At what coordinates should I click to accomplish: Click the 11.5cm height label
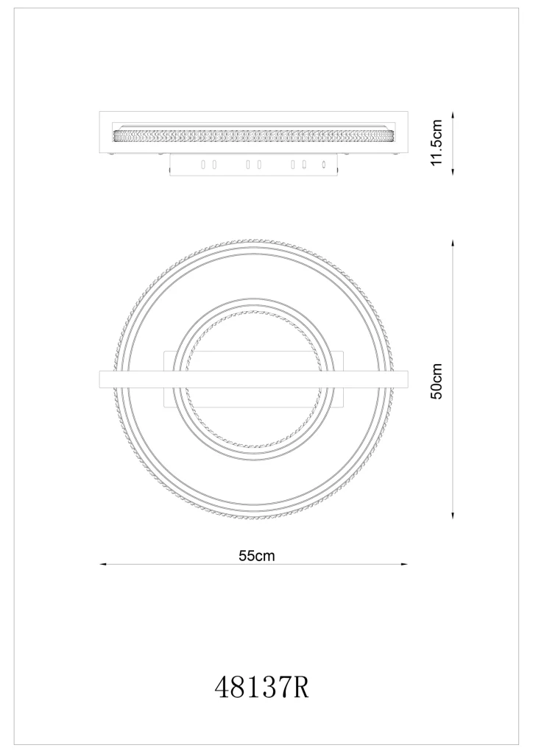point(437,143)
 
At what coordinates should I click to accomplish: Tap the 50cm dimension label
point(437,381)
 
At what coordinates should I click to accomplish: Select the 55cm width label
point(257,556)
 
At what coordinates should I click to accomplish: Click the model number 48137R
point(261,688)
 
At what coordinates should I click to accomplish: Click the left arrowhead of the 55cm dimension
point(103,564)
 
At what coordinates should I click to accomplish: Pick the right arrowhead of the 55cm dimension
point(403,564)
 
